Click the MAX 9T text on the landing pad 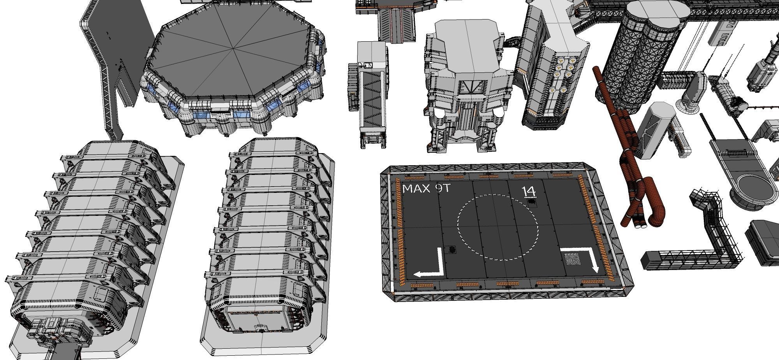(x=426, y=189)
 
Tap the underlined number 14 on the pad (x=529, y=191)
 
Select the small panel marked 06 (x=573, y=260)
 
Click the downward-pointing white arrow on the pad (x=584, y=257)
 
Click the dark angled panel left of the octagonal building (x=117, y=39)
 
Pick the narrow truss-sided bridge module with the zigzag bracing (x=372, y=97)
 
